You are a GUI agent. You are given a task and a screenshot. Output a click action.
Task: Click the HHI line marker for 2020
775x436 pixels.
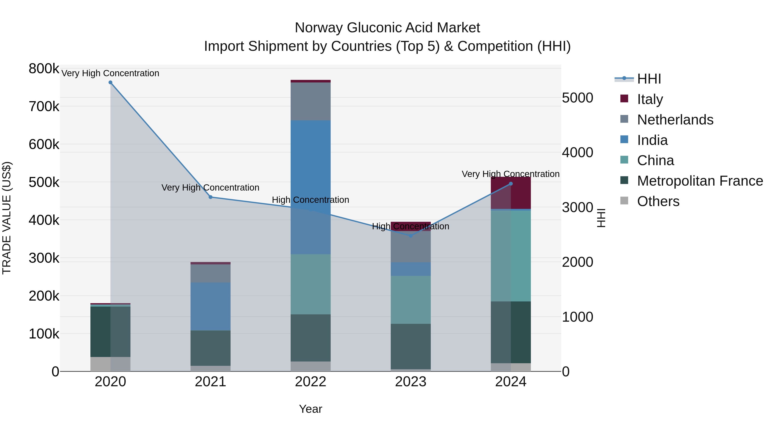pyautogui.click(x=110, y=82)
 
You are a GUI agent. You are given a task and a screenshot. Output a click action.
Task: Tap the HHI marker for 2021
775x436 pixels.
pyautogui.click(x=211, y=197)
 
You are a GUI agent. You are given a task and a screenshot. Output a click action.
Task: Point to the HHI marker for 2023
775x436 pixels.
pyautogui.click(x=411, y=236)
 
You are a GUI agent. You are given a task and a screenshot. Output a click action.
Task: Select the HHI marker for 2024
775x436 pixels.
pyautogui.click(x=511, y=183)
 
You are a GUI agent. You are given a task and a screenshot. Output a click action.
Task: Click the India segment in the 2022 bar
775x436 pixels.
pyautogui.click(x=310, y=186)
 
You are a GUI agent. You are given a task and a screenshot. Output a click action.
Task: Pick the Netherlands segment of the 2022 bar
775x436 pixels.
pyautogui.click(x=310, y=101)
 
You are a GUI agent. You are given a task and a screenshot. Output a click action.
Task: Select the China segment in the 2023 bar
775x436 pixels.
pyautogui.click(x=411, y=299)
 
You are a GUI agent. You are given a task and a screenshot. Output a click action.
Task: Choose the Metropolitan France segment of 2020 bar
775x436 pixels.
pyautogui.click(x=110, y=331)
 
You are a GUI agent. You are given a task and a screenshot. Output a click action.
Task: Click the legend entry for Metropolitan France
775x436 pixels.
pyautogui.click(x=700, y=181)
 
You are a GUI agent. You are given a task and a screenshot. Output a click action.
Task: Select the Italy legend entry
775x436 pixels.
pyautogui.click(x=650, y=99)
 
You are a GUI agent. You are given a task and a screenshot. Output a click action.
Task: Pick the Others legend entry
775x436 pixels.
pyautogui.click(x=658, y=201)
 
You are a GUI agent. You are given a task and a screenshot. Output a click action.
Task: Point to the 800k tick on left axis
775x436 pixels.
pyautogui.click(x=44, y=69)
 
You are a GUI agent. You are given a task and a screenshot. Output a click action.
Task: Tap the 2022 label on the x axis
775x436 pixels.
pyautogui.click(x=310, y=382)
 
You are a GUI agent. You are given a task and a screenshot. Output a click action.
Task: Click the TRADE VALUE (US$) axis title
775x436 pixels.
pyautogui.click(x=7, y=218)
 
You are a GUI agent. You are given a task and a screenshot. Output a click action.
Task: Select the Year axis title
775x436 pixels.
pyautogui.click(x=310, y=409)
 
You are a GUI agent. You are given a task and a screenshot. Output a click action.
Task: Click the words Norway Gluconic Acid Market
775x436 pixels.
pyautogui.click(x=387, y=28)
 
